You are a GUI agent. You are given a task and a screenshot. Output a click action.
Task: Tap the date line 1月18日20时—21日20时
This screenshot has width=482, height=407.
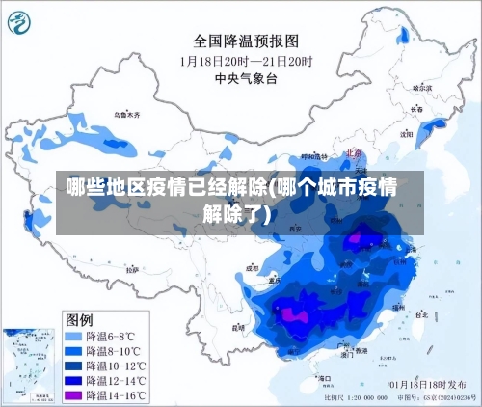247,60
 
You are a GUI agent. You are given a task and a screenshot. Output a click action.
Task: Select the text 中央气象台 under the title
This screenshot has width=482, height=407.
246,77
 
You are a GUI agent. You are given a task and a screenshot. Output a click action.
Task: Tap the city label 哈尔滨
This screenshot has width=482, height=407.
422,88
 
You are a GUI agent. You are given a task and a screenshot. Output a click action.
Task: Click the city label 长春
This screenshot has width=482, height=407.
416,109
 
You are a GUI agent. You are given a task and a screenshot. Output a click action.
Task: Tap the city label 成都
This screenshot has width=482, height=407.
253,269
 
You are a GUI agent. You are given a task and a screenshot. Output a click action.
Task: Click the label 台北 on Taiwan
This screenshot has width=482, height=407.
422,314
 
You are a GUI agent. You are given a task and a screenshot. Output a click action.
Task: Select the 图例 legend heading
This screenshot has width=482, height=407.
79,318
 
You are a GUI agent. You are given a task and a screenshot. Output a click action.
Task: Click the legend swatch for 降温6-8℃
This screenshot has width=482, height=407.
73,337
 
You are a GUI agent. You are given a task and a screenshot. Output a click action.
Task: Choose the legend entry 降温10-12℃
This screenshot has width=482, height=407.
116,366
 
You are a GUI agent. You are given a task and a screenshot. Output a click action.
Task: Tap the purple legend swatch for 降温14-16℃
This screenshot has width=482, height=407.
73,395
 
